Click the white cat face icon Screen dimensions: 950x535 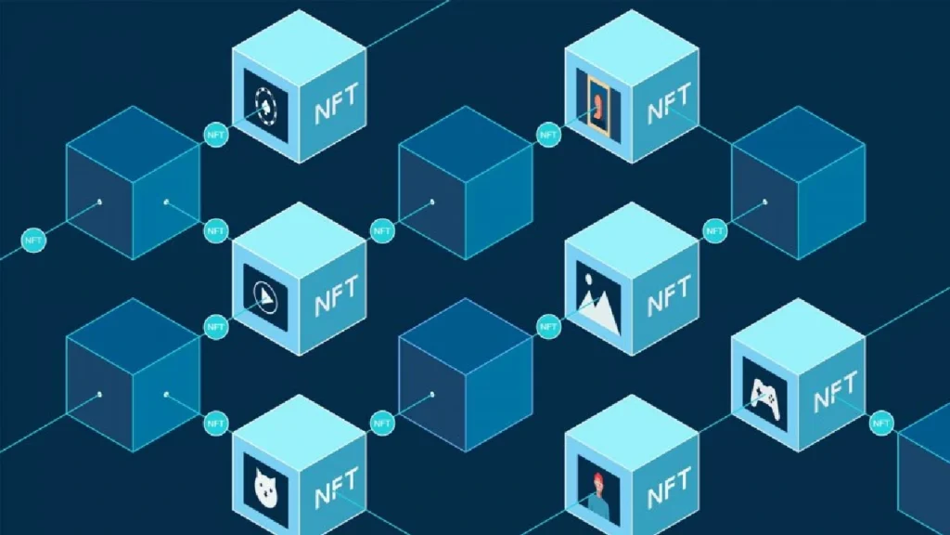point(265,488)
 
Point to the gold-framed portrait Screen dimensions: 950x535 point(598,106)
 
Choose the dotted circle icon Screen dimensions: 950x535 point(265,107)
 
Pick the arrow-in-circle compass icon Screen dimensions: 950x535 point(265,298)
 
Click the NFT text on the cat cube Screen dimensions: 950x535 point(337,486)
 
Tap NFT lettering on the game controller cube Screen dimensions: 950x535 point(836,391)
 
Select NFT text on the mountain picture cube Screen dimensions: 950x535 point(669,295)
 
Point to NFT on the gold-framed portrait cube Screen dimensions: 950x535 point(669,103)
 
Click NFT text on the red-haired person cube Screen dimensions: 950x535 point(669,488)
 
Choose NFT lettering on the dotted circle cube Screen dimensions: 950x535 point(337,103)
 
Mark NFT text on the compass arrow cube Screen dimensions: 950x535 point(337,295)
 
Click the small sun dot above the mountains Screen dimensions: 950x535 point(587,279)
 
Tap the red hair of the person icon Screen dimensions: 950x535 point(598,478)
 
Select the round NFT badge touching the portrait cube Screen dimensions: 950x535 point(548,135)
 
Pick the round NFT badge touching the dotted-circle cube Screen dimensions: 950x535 point(215,135)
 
